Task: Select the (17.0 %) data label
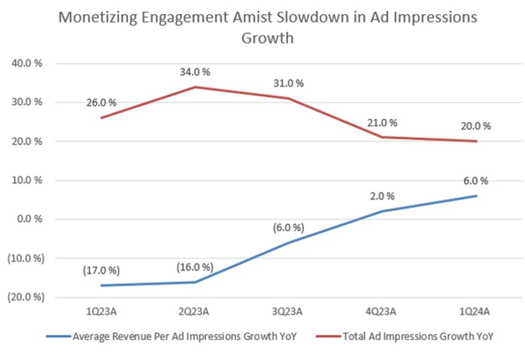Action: point(102,270)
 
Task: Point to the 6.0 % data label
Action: point(476,181)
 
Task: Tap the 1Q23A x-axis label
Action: point(102,312)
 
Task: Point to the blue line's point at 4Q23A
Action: point(383,211)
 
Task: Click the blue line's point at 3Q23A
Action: point(289,242)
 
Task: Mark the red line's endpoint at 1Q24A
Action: point(476,141)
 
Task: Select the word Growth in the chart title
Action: point(267,37)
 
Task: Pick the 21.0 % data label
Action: point(382,123)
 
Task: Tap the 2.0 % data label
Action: point(382,197)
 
